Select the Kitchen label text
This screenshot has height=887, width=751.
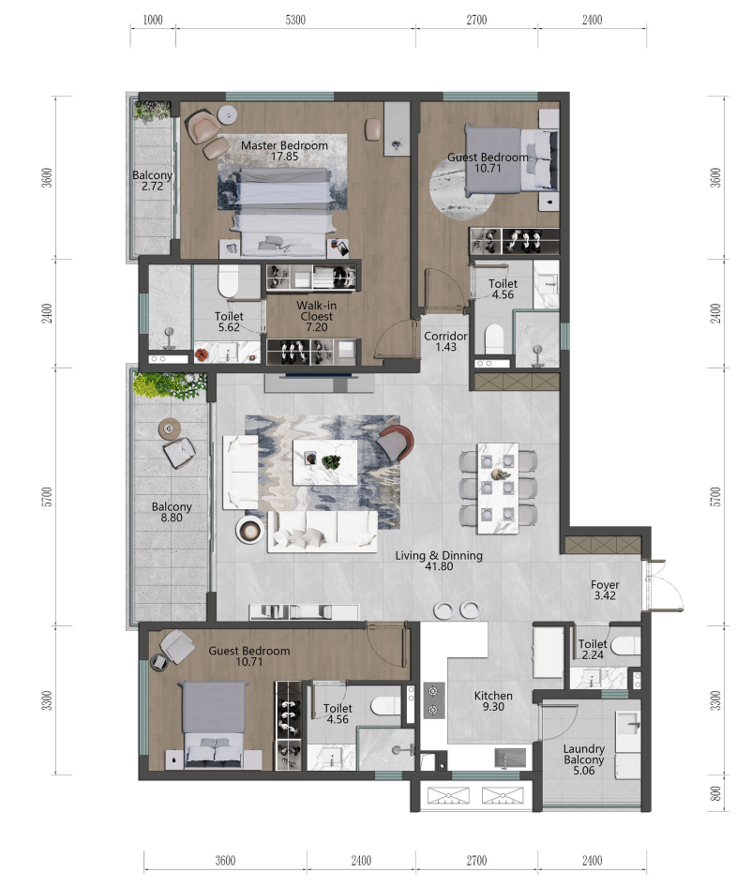tap(493, 696)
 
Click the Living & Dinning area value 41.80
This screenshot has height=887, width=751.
tap(439, 566)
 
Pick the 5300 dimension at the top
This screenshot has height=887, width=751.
tap(295, 21)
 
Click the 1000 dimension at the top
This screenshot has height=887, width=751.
tap(153, 21)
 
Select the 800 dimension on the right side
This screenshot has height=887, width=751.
tap(716, 793)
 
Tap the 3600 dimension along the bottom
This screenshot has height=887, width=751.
tap(225, 861)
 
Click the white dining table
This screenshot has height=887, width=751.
tap(498, 489)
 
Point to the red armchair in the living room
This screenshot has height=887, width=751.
tap(395, 443)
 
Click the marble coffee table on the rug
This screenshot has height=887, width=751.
tap(324, 462)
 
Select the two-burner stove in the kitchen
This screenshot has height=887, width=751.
tap(434, 700)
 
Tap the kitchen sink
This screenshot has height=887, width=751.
tap(510, 758)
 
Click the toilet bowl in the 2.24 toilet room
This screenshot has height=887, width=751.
tap(625, 645)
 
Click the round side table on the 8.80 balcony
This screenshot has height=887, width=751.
tap(169, 428)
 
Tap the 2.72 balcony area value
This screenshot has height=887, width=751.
tap(152, 187)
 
